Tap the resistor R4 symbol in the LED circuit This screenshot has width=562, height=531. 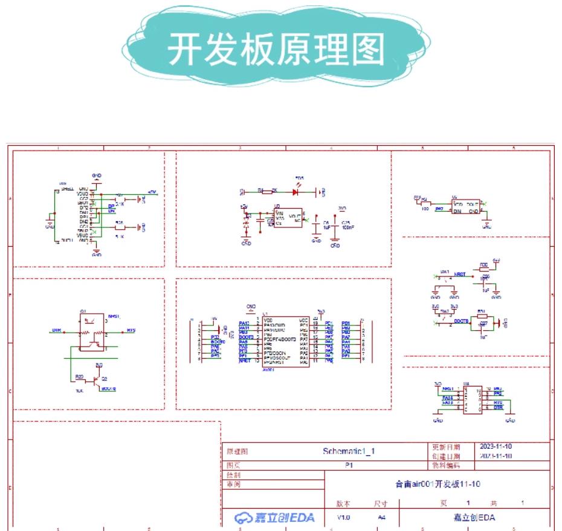263,191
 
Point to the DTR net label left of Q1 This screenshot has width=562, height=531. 57,330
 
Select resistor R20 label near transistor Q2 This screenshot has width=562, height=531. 79,376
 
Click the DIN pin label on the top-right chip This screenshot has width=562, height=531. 457,211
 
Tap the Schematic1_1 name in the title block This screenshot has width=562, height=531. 349,451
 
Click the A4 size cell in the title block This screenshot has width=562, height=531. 381,518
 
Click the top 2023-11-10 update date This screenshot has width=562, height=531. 496,446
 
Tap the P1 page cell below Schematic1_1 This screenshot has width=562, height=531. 349,466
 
